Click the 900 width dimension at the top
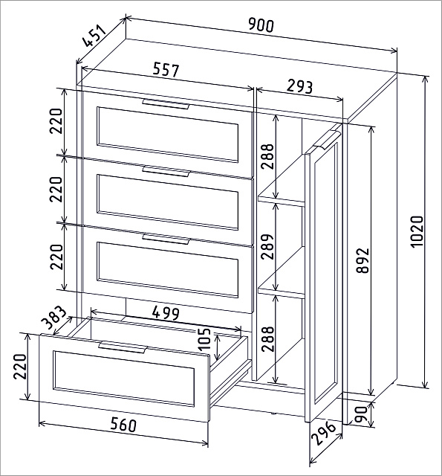pos(261,25)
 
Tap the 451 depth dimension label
pos(95,36)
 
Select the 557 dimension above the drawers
pos(166,69)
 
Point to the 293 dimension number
pos(299,86)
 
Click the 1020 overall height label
pos(417,231)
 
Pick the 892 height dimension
pos(363,260)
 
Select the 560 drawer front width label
pos(123,424)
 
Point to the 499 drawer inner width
pos(166,313)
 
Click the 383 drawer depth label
pos(53,318)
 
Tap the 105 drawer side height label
pos(204,339)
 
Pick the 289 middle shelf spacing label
pos(267,246)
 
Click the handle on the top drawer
pos(166,104)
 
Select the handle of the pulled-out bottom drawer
pos(123,347)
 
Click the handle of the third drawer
pos(166,239)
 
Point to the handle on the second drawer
pos(166,172)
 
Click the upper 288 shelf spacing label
pos(267,156)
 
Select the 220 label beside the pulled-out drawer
pos(20,366)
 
